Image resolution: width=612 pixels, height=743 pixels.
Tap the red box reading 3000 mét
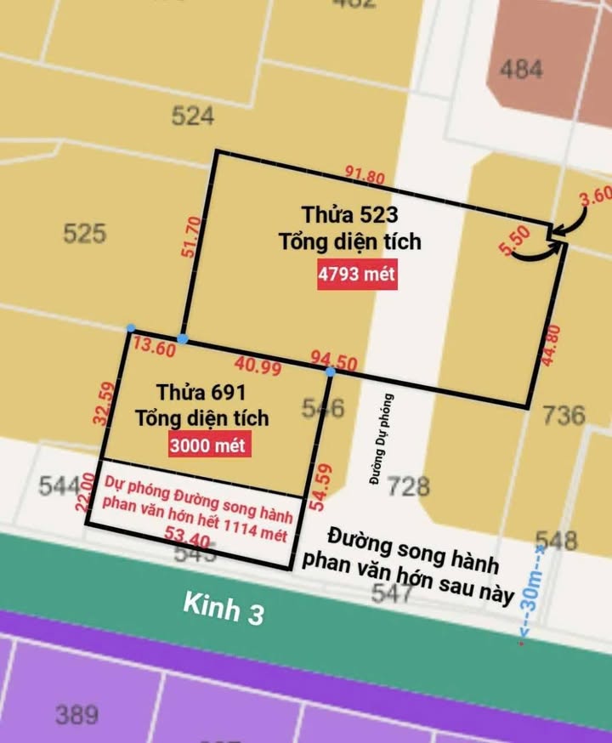coord(209,445)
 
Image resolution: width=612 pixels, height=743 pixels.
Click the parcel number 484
coord(521,69)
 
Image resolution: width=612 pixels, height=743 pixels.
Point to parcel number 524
coord(193,116)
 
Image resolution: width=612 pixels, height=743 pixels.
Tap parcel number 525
coord(84,233)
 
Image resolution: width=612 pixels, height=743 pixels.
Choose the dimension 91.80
coord(365,176)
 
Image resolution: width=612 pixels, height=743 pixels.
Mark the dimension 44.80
coord(551,345)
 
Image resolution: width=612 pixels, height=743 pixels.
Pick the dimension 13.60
coord(155,349)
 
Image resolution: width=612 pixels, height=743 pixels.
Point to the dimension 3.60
coord(595,197)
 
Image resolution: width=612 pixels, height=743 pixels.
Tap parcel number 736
coord(564,415)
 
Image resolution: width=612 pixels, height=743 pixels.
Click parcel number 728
coord(408,486)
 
